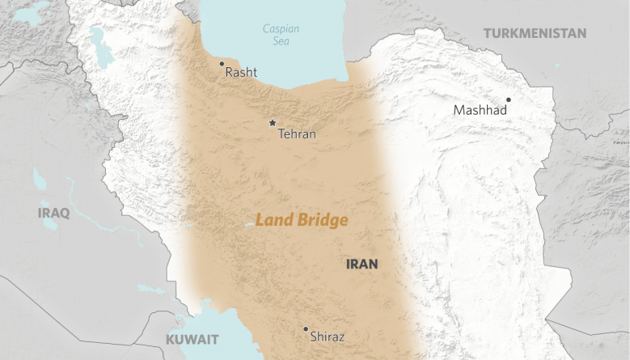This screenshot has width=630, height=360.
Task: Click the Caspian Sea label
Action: pos(281,35)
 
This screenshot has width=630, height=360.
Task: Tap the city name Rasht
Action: pos(241,73)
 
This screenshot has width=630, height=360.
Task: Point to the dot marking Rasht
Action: pos(222,63)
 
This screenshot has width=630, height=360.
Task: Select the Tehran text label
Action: pos(297,134)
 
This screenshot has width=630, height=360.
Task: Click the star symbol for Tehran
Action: pos(272,123)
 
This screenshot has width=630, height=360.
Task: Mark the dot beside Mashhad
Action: pos(509,100)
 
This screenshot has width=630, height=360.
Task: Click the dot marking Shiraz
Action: pos(306,329)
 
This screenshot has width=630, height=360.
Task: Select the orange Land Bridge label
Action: pos(302,220)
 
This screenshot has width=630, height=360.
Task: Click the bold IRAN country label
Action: pos(362,264)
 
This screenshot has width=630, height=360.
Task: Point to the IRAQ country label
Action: pos(53,213)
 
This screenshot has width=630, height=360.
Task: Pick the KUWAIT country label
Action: pos(192,338)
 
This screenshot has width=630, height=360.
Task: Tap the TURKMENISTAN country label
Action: pos(535,33)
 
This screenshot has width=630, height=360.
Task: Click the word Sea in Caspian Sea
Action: pos(281,42)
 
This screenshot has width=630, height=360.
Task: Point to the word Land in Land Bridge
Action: pos(272,220)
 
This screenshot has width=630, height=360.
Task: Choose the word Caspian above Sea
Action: pos(281,29)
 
